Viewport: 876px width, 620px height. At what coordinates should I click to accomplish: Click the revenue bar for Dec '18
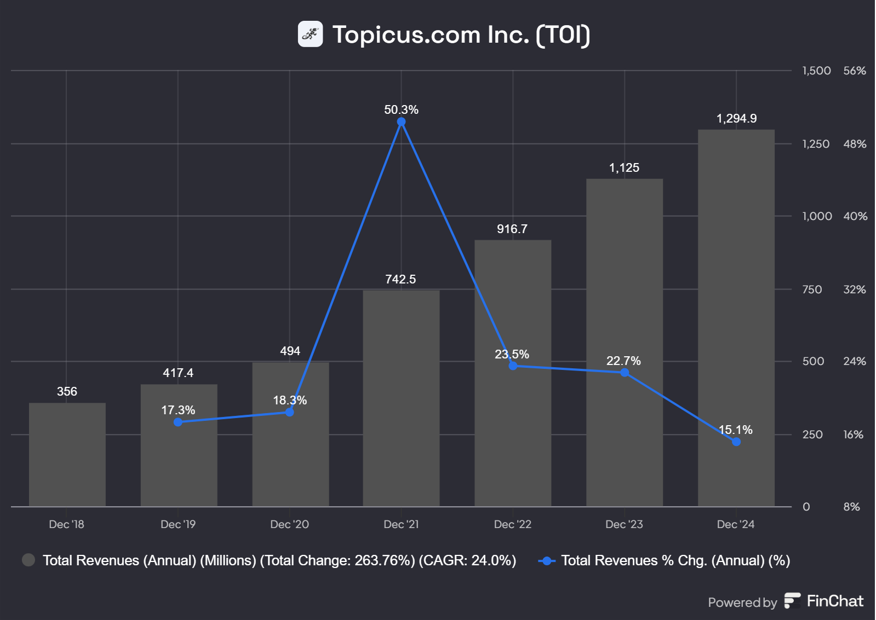tap(67, 454)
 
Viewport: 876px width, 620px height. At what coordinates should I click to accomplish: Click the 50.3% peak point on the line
tap(401, 122)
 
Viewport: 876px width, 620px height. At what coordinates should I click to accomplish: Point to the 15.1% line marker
tap(736, 442)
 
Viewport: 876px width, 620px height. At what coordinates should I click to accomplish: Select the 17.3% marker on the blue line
tap(178, 422)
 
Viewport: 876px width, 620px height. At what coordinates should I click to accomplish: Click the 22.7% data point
tap(625, 373)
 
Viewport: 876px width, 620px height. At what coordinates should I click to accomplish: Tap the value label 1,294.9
tap(736, 119)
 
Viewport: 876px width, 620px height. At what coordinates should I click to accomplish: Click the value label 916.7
tap(512, 229)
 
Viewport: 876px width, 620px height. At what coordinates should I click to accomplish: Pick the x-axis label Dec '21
tap(401, 524)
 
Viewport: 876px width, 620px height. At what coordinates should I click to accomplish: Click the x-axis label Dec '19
tap(178, 524)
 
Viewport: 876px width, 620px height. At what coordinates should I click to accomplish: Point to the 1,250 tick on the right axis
tap(816, 144)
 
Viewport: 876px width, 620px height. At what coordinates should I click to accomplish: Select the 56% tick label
tap(855, 71)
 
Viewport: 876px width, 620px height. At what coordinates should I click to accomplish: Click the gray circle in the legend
tap(28, 560)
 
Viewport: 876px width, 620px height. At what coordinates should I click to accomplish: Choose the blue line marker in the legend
tap(547, 561)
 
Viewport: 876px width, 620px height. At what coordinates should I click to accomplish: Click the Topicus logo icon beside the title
tap(310, 34)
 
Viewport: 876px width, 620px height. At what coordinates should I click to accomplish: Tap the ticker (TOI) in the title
tap(563, 35)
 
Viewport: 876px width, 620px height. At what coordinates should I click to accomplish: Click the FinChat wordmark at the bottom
tap(834, 601)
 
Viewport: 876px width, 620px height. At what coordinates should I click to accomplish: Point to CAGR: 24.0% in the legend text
tap(467, 560)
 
